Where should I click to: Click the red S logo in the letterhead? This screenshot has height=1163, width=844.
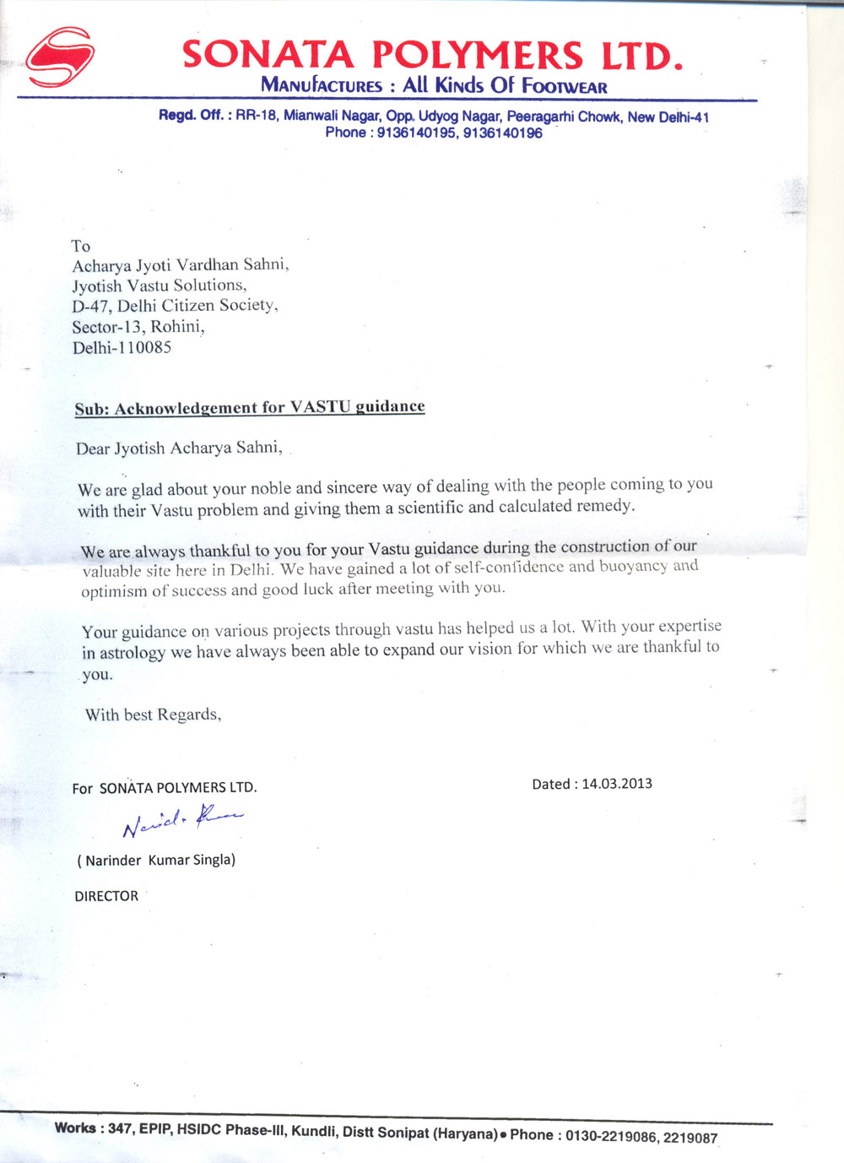(59, 57)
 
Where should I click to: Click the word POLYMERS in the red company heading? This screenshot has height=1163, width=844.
(477, 56)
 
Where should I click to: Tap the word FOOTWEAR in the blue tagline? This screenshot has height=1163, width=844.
(565, 86)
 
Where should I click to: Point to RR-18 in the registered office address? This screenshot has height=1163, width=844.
(256, 116)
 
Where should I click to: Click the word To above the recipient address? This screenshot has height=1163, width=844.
(81, 246)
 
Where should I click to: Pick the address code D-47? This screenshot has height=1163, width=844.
(90, 307)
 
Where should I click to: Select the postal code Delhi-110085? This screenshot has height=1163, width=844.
(122, 347)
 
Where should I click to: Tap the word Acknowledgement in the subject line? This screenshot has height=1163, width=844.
(186, 409)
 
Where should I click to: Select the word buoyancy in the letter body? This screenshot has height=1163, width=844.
(634, 566)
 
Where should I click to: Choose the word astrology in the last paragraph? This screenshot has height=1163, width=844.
(133, 653)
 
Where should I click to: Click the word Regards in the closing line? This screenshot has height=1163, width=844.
(189, 715)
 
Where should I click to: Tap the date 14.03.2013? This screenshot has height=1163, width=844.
(617, 784)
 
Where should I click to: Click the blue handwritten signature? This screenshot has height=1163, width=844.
(181, 819)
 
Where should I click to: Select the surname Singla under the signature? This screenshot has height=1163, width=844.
(213, 860)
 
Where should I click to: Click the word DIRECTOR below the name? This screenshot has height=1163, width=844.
(106, 896)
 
